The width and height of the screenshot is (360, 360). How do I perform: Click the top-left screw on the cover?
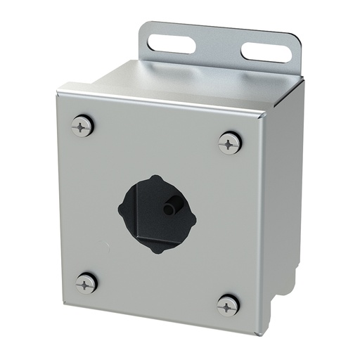tap(82, 127)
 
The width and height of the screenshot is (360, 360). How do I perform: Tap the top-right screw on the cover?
tap(230, 143)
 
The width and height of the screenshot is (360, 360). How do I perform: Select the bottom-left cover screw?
tap(86, 283)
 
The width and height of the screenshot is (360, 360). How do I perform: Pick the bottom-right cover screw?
tap(229, 305)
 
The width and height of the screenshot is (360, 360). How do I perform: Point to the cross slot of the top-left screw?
tap(82, 127)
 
